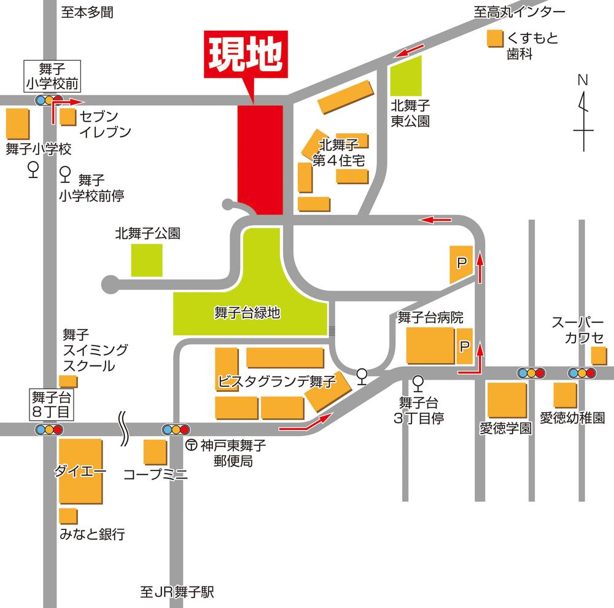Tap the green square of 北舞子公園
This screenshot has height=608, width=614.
(147, 260)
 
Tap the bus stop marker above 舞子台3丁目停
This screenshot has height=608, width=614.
(419, 383)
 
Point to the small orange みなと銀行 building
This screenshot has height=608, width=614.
(68, 516)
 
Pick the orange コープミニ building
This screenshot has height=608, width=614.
(155, 453)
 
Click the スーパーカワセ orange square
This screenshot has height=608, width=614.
(598, 356)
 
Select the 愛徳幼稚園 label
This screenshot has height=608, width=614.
(572, 418)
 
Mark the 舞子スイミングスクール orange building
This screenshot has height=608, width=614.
(68, 381)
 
